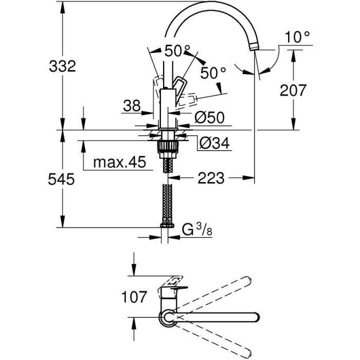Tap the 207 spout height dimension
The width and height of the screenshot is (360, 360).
(x=293, y=90)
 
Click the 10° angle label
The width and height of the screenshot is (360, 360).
(x=298, y=37)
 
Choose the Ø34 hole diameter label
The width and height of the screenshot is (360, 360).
(x=210, y=141)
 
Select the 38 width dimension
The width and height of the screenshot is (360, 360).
(x=132, y=106)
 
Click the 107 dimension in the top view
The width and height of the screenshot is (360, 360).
(x=135, y=297)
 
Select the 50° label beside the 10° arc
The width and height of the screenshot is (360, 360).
(x=213, y=74)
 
